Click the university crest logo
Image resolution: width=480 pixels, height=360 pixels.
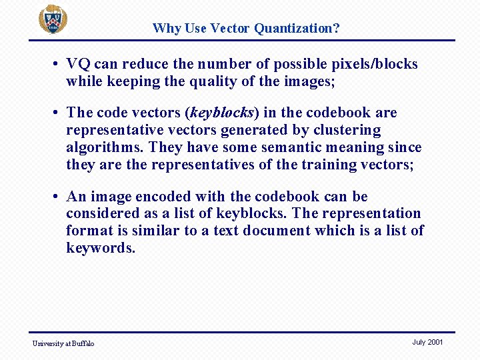click(52, 19)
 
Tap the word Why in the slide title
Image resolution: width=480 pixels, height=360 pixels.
click(166, 28)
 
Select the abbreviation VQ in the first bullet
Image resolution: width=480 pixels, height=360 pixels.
click(79, 64)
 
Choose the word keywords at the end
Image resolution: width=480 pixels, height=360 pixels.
click(101, 248)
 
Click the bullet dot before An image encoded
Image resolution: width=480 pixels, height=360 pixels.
click(59, 197)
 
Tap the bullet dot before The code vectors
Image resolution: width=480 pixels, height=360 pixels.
click(59, 113)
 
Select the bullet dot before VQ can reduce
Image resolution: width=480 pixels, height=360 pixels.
click(59, 64)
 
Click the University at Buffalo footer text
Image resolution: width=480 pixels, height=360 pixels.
click(63, 343)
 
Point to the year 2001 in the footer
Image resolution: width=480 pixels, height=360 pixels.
click(435, 342)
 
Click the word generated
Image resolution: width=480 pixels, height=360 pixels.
click(257, 130)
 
